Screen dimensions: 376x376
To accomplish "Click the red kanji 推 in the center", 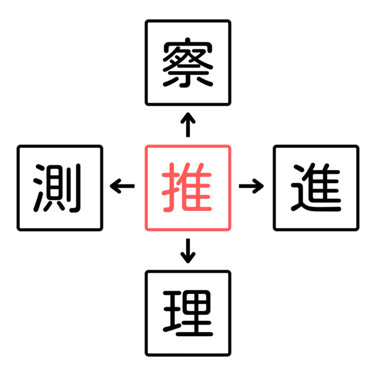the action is pyautogui.click(x=187, y=187).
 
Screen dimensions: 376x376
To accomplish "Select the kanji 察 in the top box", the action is pyautogui.click(x=188, y=63).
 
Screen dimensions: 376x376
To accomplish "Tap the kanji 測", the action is pyautogui.click(x=57, y=188).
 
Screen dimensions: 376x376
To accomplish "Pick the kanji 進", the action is pyautogui.click(x=316, y=187).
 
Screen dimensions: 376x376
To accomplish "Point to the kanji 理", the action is pyautogui.click(x=188, y=313).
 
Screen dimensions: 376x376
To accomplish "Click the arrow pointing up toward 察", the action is pyautogui.click(x=188, y=125).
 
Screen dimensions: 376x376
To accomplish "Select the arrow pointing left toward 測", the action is pyautogui.click(x=122, y=186).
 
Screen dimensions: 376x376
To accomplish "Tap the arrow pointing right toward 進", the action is pyautogui.click(x=251, y=186).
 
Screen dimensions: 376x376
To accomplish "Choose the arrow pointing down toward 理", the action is pyautogui.click(x=188, y=251).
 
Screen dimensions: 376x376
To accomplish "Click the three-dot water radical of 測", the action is pyautogui.click(x=39, y=188).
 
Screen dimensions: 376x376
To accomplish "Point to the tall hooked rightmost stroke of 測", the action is pyautogui.click(x=76, y=188).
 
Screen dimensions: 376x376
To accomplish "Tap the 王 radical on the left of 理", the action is pyautogui.click(x=172, y=311).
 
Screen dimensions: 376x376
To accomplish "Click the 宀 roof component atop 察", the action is pyautogui.click(x=188, y=46).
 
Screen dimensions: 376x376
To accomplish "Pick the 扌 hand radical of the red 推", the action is pyautogui.click(x=171, y=187).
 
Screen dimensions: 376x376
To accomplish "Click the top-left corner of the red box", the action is pyautogui.click(x=146, y=146).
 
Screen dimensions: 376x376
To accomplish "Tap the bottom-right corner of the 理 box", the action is pyautogui.click(x=230, y=355).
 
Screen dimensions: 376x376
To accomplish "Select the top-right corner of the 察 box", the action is pyautogui.click(x=230, y=21).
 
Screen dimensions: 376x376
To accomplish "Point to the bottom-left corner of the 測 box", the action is pyautogui.click(x=18, y=230).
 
